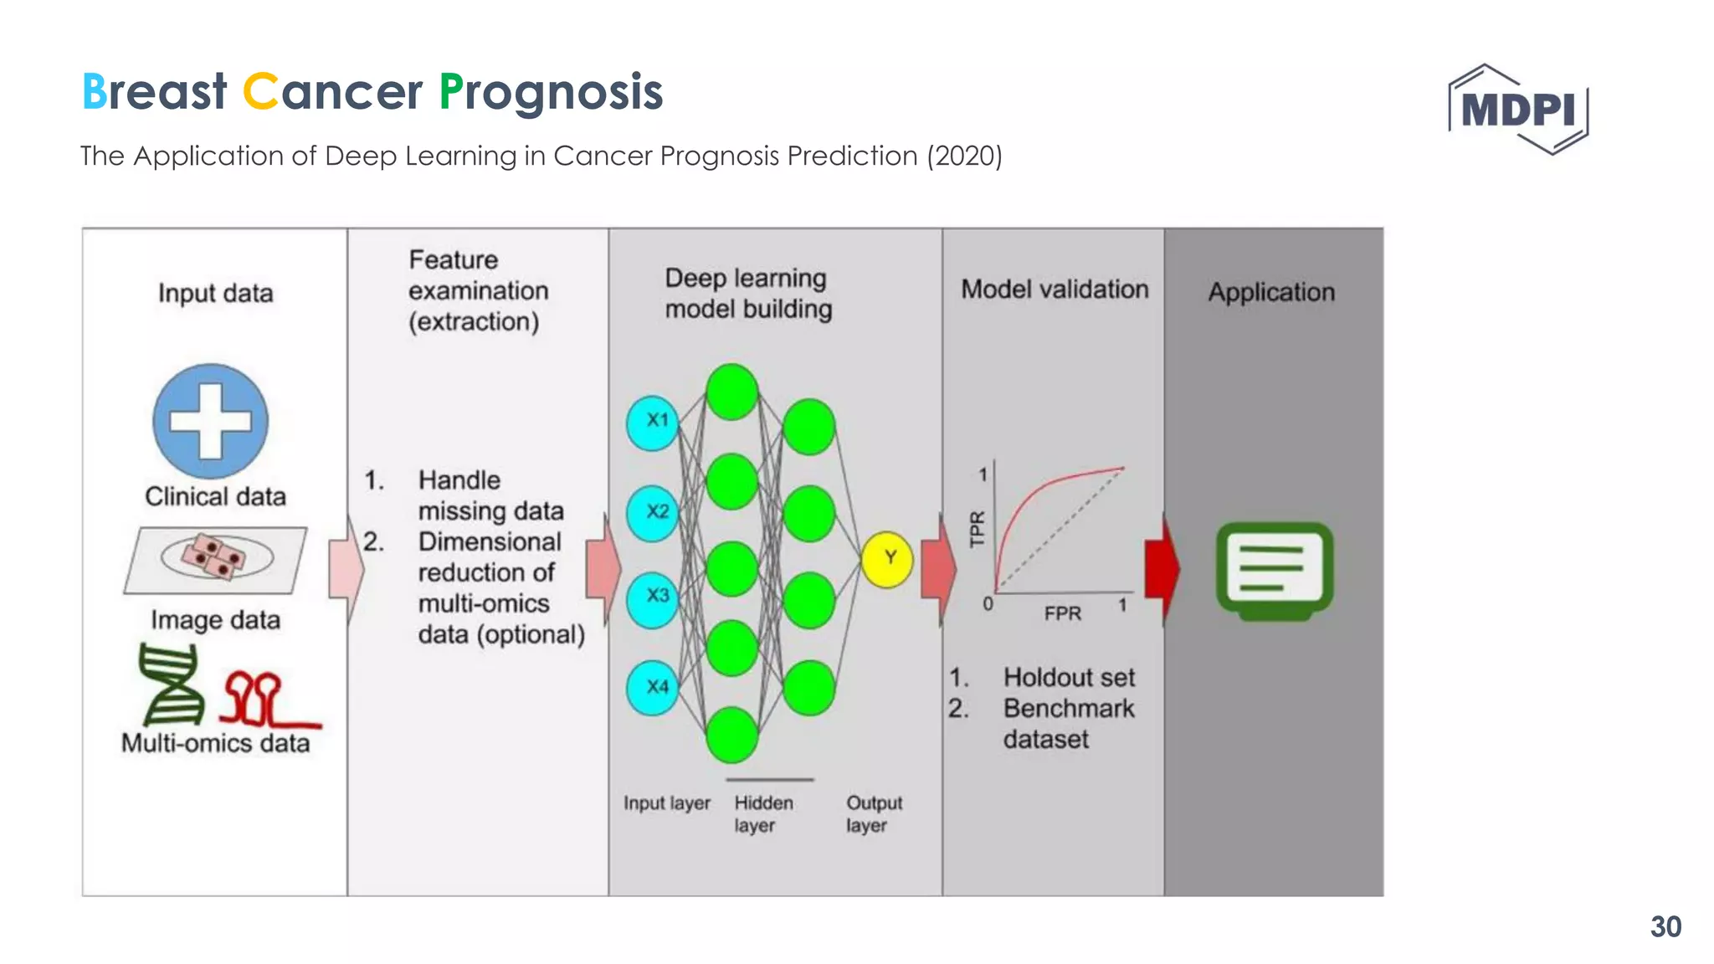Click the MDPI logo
[x=1518, y=110]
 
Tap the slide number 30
[x=1665, y=926]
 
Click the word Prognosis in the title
[x=552, y=92]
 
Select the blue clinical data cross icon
[x=211, y=421]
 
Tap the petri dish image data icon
[x=216, y=559]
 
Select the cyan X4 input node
[x=653, y=687]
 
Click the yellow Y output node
[x=887, y=559]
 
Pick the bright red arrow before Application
[x=1162, y=569]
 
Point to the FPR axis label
[x=1062, y=613]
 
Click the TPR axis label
[x=977, y=529]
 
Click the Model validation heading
[x=1055, y=290]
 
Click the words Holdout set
[x=1069, y=677]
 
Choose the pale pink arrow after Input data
[x=346, y=569]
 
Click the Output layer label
[x=873, y=813]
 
